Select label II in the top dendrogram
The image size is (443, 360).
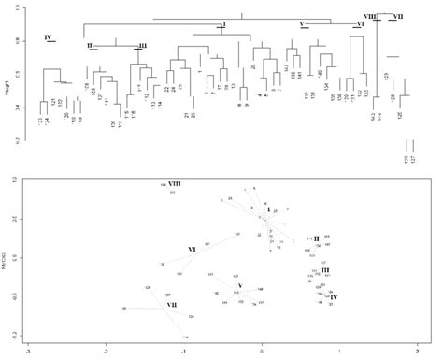(89, 45)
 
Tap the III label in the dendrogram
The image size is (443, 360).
(142, 45)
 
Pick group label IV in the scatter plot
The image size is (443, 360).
(334, 296)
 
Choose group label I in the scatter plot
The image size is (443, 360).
(268, 209)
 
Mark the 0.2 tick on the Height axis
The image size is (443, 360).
(16, 141)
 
